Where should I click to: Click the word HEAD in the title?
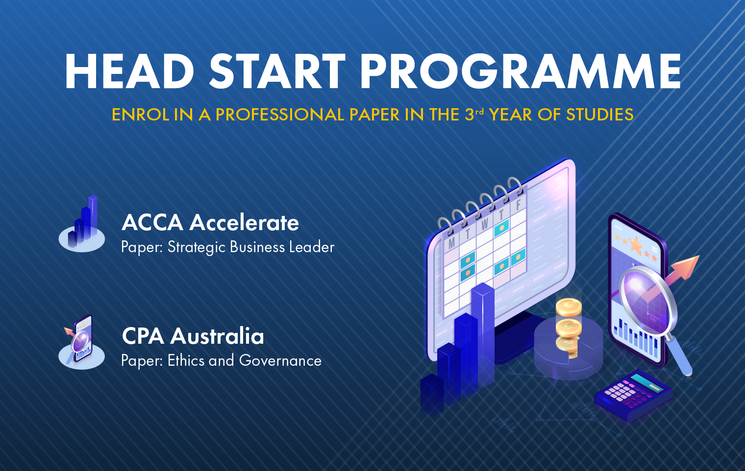129,71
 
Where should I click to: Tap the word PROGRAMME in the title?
521,71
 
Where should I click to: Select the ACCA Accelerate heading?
210,222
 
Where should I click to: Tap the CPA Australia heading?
193,336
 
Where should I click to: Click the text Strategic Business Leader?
251,247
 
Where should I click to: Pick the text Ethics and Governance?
245,361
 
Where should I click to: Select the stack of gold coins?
569,327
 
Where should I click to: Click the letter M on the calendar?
451,243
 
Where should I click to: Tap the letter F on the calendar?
518,206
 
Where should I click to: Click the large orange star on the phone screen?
636,245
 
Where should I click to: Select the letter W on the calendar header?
484,224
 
